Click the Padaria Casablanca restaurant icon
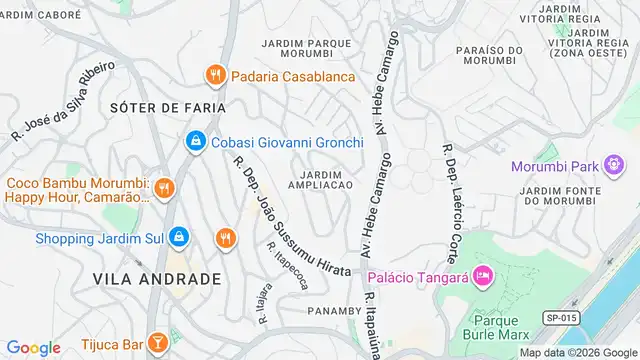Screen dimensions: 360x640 click(215, 75)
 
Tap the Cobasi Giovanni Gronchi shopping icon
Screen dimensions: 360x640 click(196, 143)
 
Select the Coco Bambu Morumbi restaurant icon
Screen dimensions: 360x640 click(165, 187)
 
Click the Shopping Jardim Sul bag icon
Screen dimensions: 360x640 click(179, 238)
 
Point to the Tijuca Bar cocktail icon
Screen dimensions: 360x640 click(156, 344)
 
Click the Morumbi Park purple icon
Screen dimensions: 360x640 click(616, 165)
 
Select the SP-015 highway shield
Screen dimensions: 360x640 click(561, 317)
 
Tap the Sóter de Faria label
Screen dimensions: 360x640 click(168, 107)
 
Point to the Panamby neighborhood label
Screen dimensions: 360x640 click(324, 311)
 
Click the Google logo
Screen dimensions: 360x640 click(34, 347)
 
